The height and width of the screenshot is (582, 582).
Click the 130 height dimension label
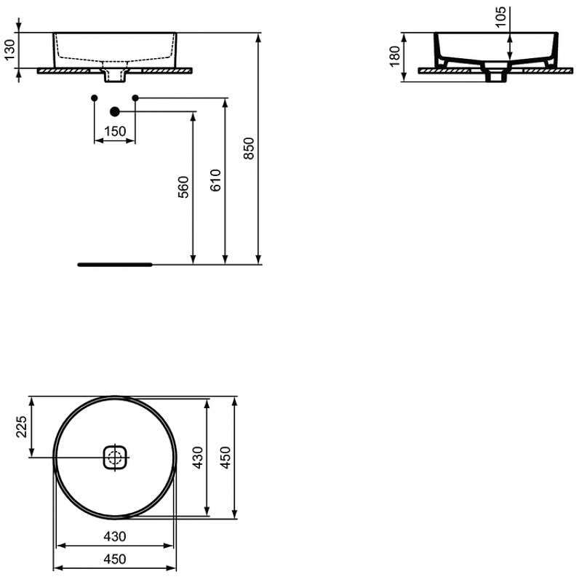(10, 49)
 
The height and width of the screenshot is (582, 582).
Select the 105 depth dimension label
(501, 17)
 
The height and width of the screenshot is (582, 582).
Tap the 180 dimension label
(395, 57)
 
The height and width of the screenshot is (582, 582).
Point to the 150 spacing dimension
(115, 132)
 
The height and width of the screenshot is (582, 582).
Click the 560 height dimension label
(184, 187)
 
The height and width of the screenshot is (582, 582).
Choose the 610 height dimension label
(215, 180)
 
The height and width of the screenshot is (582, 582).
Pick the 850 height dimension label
(249, 148)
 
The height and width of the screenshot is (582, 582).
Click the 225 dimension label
(22, 426)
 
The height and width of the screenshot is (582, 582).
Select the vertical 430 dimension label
(198, 458)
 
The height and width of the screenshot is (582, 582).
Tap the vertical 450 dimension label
(226, 458)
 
